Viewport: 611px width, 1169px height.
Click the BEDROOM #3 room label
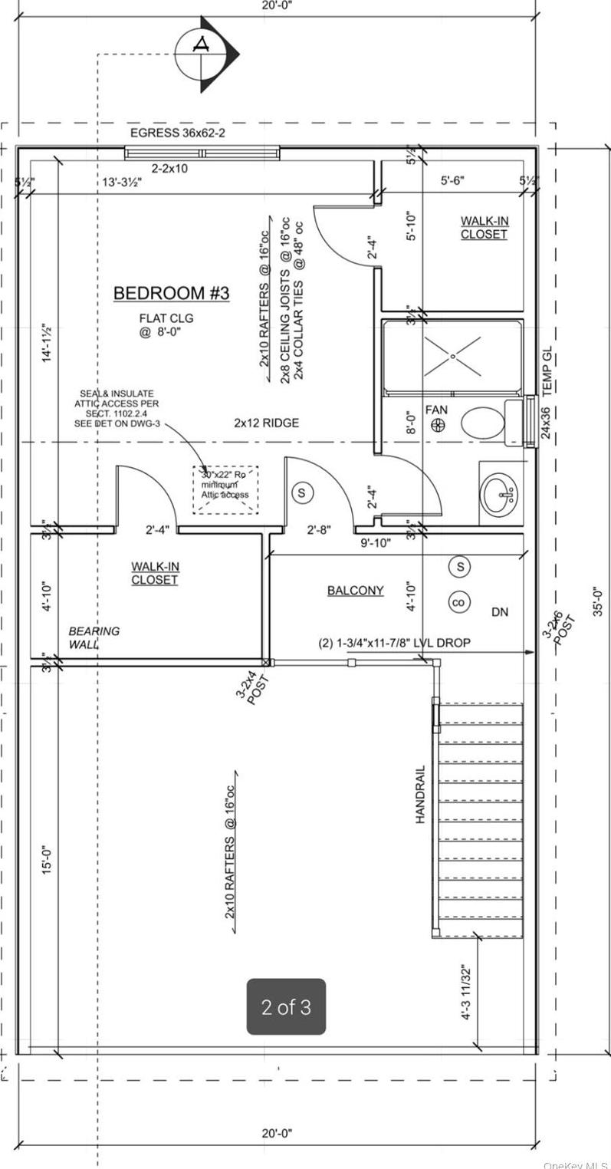[x=172, y=293]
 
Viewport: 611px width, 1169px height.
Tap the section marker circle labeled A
[x=202, y=53]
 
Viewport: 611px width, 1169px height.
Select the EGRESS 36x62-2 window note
[x=177, y=133]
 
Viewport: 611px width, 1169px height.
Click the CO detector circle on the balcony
[x=459, y=603]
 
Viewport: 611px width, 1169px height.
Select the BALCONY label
[x=355, y=591]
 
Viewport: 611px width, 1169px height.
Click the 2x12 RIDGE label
[x=266, y=423]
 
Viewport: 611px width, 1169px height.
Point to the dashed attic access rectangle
[x=225, y=489]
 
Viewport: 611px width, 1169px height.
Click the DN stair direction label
[x=500, y=612]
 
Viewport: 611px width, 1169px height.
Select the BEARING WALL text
[x=94, y=637]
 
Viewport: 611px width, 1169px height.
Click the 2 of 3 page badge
[x=286, y=1006]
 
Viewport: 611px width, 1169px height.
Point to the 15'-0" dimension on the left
[x=47, y=858]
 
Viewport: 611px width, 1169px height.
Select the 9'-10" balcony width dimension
[x=375, y=543]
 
